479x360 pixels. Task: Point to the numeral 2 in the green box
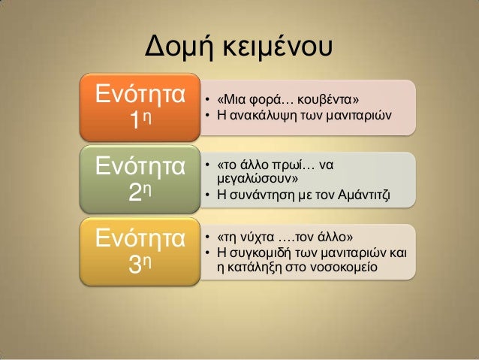[134, 194]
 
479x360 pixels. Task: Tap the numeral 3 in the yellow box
[134, 265]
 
